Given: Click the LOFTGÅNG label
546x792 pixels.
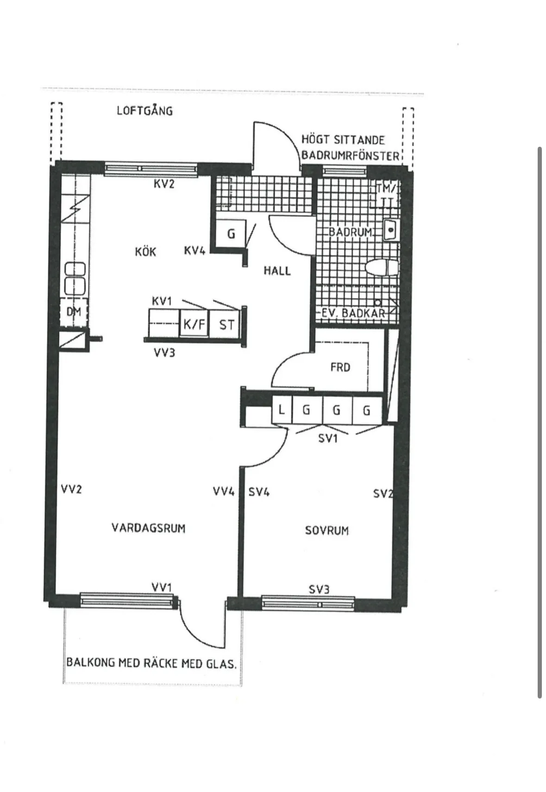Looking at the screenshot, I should [x=144, y=111].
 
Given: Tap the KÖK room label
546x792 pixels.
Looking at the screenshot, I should [x=145, y=252].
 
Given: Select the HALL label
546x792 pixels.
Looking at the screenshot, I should [x=277, y=270].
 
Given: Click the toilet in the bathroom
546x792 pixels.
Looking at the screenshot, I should [x=382, y=268].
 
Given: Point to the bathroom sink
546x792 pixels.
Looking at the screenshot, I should [x=390, y=230].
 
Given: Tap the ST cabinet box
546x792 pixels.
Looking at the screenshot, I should [x=226, y=324].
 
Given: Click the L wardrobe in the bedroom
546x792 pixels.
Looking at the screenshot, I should [x=281, y=410].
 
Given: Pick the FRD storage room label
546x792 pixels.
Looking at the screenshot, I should [x=340, y=367].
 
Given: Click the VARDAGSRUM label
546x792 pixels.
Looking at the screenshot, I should [x=148, y=528].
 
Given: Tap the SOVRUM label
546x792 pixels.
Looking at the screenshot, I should [x=326, y=530].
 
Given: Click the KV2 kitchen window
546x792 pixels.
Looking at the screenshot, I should [x=151, y=169].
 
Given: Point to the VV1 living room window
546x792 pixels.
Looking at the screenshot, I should [x=127, y=601].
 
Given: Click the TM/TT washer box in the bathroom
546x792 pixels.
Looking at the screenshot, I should [x=385, y=195].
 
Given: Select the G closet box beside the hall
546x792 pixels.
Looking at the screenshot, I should [x=231, y=234].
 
